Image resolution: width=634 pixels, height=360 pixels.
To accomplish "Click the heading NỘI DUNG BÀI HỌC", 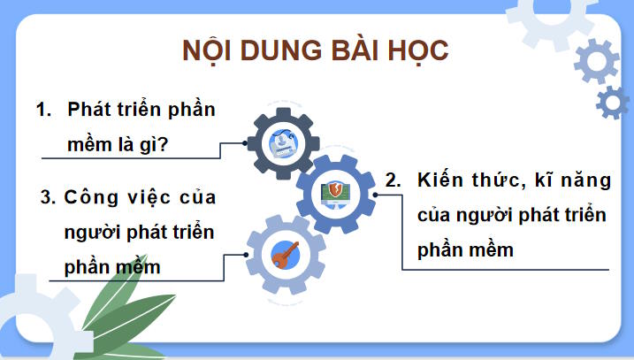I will click(316, 50).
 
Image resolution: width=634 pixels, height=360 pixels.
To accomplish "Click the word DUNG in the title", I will click(274, 50).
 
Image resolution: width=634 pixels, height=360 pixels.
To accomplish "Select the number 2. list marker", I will click(394, 180).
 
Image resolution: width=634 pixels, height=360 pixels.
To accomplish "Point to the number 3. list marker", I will click(48, 197).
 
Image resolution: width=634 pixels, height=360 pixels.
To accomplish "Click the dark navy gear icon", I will click(281, 140).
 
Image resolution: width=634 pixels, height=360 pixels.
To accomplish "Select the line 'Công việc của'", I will click(141, 197).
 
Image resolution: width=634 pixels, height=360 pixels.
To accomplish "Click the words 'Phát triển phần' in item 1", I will click(141, 111).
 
